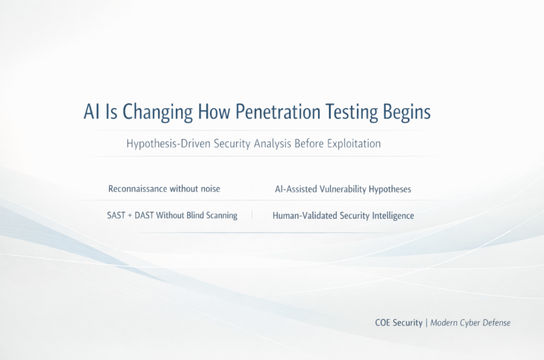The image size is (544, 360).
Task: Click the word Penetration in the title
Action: click(x=277, y=112)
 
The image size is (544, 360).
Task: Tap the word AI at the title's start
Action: click(x=91, y=112)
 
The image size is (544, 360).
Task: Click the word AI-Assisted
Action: click(x=296, y=189)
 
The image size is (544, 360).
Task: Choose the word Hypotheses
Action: click(x=390, y=190)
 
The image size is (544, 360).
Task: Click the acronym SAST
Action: click(x=116, y=216)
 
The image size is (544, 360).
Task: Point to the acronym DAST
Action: click(x=144, y=216)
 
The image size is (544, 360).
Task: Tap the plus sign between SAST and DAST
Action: click(x=130, y=216)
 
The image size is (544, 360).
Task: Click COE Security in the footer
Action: click(x=398, y=323)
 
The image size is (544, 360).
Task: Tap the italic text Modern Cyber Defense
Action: click(x=471, y=323)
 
